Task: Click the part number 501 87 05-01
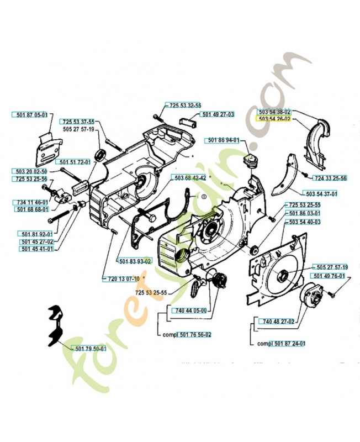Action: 30,115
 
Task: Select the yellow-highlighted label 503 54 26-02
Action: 274,119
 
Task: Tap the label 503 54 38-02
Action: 274,112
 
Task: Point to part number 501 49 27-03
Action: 218,114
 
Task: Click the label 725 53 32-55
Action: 185,105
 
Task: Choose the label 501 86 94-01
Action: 224,140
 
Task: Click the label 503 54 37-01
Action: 321,193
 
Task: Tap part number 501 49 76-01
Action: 329,276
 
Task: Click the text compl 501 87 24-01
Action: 282,343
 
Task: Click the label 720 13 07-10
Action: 120,279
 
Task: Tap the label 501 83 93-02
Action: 135,260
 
